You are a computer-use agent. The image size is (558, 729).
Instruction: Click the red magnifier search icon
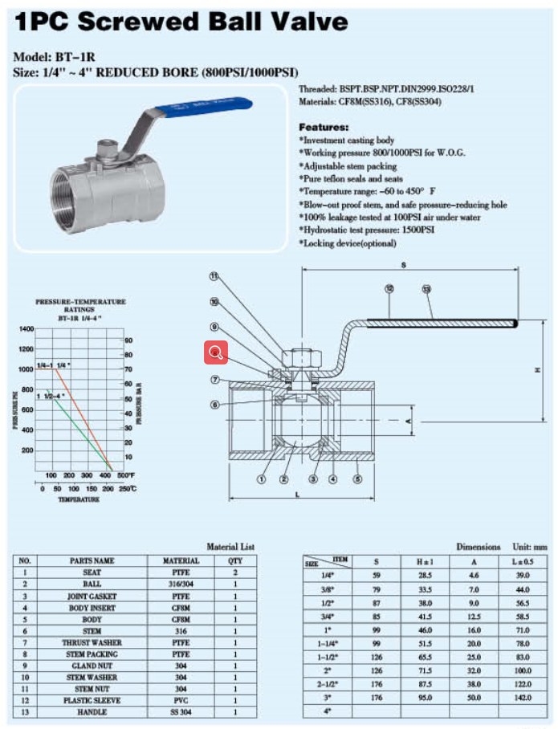(x=216, y=352)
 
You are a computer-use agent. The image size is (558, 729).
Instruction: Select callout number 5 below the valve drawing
(x=358, y=480)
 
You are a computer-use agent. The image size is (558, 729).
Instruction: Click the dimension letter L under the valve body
(x=297, y=495)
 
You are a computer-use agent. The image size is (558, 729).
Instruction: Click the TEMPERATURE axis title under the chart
(x=79, y=500)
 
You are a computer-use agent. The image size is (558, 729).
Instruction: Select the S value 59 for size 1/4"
(x=377, y=576)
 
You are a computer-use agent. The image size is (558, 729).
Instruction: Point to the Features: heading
(x=324, y=128)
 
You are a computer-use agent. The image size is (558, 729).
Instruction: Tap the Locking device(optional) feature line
(x=348, y=242)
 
